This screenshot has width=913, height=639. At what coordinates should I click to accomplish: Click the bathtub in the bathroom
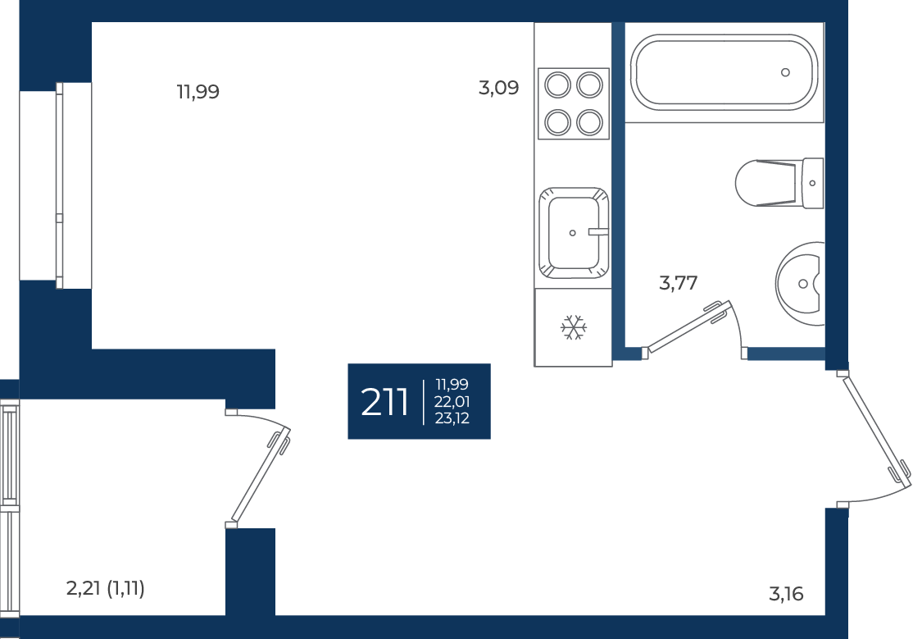pyautogui.click(x=724, y=72)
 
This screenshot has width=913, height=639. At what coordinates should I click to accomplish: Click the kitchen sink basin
pyautogui.click(x=574, y=233)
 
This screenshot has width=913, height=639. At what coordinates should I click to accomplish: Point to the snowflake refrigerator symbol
pyautogui.click(x=574, y=327)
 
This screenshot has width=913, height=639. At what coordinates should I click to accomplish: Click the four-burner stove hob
pyautogui.click(x=574, y=104)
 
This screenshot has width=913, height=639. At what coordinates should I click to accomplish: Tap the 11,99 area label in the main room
pyautogui.click(x=198, y=92)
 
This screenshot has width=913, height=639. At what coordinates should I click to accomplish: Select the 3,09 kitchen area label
pyautogui.click(x=498, y=88)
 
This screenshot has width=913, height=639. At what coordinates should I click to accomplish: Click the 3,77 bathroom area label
pyautogui.click(x=678, y=283)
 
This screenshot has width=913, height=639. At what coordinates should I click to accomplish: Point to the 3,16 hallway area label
pyautogui.click(x=786, y=594)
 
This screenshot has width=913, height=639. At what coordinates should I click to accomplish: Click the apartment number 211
pyautogui.click(x=384, y=402)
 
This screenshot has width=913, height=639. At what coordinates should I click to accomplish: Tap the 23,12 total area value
pyautogui.click(x=452, y=418)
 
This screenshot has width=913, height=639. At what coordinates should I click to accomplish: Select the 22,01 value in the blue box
pyautogui.click(x=452, y=402)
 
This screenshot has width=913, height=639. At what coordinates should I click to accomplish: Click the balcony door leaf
pyautogui.click(x=261, y=474)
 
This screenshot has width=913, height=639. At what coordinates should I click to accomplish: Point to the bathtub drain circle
pyautogui.click(x=785, y=72)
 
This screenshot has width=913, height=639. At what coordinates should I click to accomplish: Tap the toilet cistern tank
pyautogui.click(x=813, y=183)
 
